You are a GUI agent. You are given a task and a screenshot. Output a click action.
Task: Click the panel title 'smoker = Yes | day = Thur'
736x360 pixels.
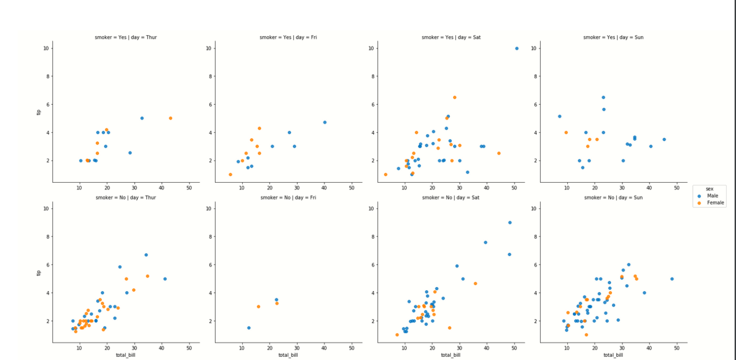(125, 37)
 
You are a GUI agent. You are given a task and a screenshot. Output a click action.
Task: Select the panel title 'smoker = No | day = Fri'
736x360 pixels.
(288, 197)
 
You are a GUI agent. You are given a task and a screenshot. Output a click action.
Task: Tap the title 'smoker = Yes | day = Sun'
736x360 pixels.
(613, 37)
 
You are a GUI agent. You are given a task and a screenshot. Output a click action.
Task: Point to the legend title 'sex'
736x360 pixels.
(709, 189)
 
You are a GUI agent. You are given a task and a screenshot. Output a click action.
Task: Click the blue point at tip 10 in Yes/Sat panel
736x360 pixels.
(516, 48)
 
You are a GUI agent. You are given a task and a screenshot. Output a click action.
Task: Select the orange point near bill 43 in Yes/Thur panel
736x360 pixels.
(170, 118)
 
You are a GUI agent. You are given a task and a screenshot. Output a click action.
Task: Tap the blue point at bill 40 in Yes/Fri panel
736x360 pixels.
(325, 122)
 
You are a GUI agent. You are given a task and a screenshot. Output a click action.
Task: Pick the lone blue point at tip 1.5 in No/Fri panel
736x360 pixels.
(248, 328)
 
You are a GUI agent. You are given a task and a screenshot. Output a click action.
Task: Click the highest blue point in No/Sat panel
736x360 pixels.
(509, 223)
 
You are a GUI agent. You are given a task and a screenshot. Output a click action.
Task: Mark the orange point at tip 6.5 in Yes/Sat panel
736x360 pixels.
(454, 98)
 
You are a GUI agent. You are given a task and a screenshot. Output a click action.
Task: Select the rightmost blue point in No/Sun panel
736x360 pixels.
(671, 279)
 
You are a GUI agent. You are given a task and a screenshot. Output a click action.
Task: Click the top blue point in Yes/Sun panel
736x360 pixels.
(603, 98)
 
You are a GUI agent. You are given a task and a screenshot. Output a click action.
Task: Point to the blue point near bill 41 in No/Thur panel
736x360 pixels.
(165, 279)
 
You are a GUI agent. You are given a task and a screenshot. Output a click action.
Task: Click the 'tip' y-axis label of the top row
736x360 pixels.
(39, 112)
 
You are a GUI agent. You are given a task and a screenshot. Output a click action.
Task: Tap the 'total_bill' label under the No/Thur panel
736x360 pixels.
(125, 355)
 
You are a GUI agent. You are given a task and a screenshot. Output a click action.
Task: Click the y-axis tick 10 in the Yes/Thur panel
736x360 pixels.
(46, 48)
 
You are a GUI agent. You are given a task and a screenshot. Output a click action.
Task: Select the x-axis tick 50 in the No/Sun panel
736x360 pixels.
(677, 348)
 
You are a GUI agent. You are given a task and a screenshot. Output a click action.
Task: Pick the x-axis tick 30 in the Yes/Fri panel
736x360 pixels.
(297, 188)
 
